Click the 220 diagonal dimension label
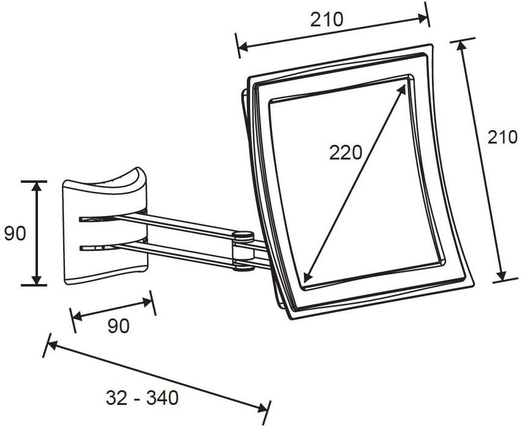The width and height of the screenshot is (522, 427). point(345,153)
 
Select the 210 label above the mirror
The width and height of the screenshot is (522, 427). point(326,20)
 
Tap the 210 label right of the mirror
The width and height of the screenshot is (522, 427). point(502,137)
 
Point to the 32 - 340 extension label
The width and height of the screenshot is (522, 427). point(142,398)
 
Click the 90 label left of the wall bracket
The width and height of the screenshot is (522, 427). point(15,233)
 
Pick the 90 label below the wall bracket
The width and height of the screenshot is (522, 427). point(118,326)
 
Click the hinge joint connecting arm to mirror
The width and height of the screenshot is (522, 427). point(243,251)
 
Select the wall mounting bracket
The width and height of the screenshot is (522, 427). point(105,226)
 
